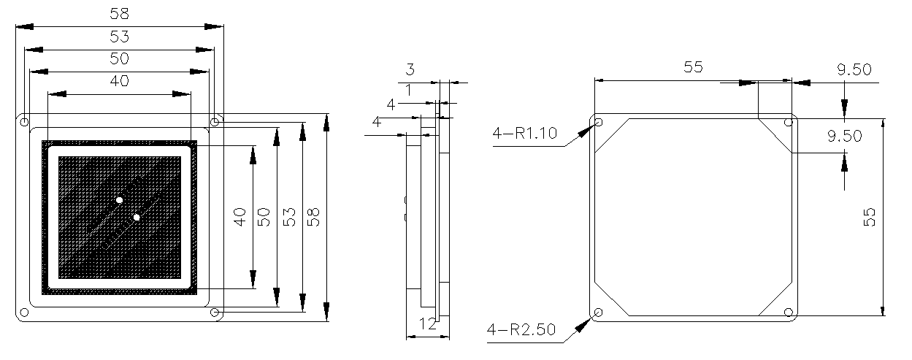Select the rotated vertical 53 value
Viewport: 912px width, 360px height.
pyautogui.click(x=289, y=217)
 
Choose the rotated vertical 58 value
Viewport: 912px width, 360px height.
pyautogui.click(x=314, y=217)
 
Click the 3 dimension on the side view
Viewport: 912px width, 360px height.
pyautogui.click(x=410, y=70)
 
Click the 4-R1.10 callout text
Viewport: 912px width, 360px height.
pyautogui.click(x=524, y=133)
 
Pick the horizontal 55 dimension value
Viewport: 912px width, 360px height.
pyautogui.click(x=693, y=67)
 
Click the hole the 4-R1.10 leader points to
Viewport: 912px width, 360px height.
pyautogui.click(x=599, y=122)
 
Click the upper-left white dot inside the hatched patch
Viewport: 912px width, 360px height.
pyautogui.click(x=120, y=199)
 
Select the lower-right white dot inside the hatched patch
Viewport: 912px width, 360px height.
pyautogui.click(x=137, y=217)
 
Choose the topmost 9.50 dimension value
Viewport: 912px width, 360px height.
pyautogui.click(x=854, y=70)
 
